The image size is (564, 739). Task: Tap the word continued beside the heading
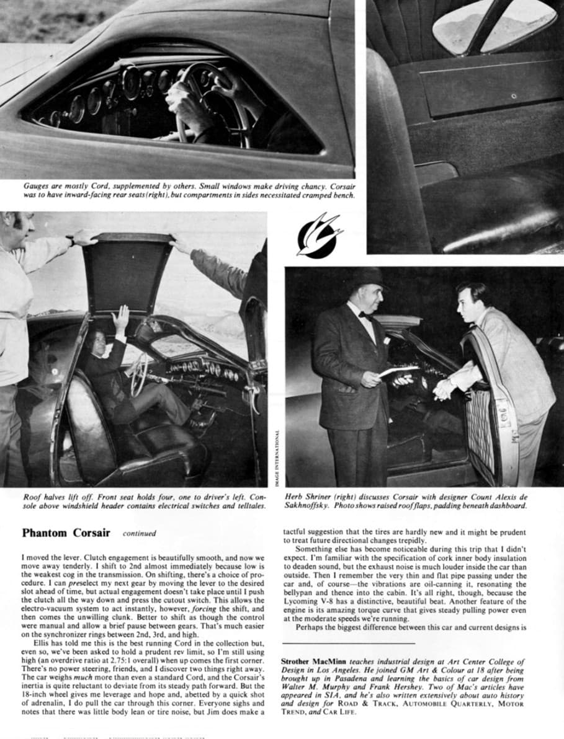139,533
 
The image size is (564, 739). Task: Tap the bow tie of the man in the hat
365,315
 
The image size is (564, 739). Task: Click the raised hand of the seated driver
120,318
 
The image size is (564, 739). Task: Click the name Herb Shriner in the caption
305,497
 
